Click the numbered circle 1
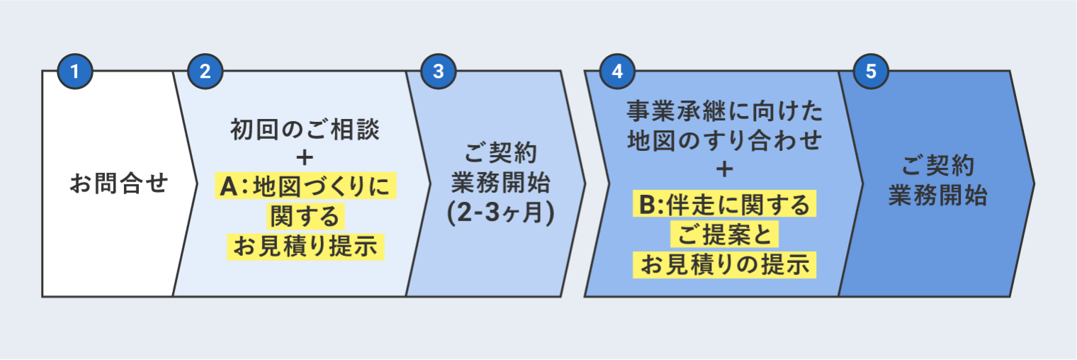pos(74,72)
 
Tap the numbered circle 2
pos(205,72)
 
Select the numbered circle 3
pos(438,72)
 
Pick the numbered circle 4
pos(617,72)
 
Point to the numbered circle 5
pos(871,72)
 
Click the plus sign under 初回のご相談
pos(305,157)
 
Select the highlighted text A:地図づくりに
pos(305,187)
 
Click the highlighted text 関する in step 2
pos(305,215)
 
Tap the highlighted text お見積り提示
pos(305,245)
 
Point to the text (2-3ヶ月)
pos(500,213)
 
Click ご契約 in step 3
pos(500,153)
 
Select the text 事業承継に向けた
pos(724,111)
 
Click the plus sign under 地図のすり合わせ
pos(724,170)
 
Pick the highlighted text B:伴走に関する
pos(724,205)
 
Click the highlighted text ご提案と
pos(724,235)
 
